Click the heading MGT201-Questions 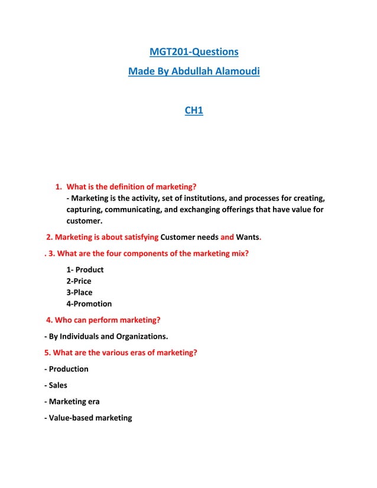[x=194, y=52]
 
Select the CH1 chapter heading [x=194, y=110]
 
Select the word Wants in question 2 [x=248, y=238]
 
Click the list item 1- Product [x=85, y=269]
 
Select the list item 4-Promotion [x=89, y=304]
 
